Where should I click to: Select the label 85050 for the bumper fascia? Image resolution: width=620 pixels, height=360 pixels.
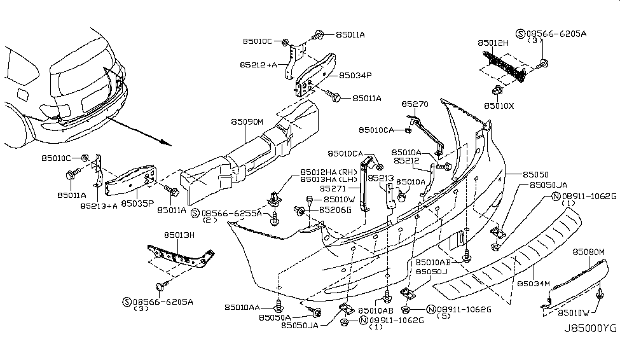[535, 174]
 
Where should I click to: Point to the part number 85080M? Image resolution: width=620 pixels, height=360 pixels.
[588, 252]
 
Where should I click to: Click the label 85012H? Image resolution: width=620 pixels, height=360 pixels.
[493, 44]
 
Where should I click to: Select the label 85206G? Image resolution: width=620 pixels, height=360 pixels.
[335, 209]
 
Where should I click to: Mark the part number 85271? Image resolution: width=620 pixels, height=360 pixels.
[333, 189]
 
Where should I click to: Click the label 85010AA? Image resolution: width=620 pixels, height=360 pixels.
[242, 308]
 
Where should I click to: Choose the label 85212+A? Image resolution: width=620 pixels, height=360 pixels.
[258, 65]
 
